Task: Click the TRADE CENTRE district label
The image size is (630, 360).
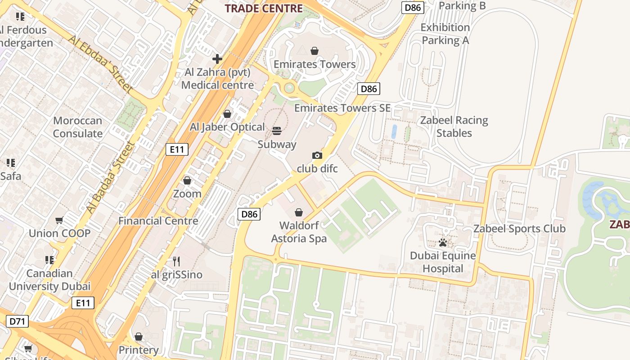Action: coord(264,8)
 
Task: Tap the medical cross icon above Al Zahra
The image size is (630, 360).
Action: coord(217,58)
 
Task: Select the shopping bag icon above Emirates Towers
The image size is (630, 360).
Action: coord(315,51)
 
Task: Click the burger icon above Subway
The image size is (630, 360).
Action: coord(277,131)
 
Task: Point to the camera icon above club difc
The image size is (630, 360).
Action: coord(317,156)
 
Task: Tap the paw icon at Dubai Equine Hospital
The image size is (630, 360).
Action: coord(443,243)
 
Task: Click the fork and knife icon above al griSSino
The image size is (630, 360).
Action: coord(176,261)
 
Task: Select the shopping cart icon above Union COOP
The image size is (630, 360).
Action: coord(59,220)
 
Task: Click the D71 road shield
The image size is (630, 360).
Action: coord(18,321)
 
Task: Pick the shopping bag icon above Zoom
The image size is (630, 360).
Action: coord(187,180)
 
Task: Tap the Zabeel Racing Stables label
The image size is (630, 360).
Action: coord(454,126)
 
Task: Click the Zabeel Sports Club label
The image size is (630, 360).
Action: coord(519,229)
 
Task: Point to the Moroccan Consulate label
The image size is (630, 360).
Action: coord(77,127)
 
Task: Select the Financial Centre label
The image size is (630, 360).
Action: coord(158,221)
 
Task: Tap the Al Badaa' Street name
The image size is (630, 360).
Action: coord(111,177)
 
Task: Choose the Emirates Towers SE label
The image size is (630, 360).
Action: coord(342,108)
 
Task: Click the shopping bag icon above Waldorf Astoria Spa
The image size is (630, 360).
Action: coord(298,212)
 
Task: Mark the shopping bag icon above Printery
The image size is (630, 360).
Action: coord(139,337)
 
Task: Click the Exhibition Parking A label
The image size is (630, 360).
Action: coord(445,34)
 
